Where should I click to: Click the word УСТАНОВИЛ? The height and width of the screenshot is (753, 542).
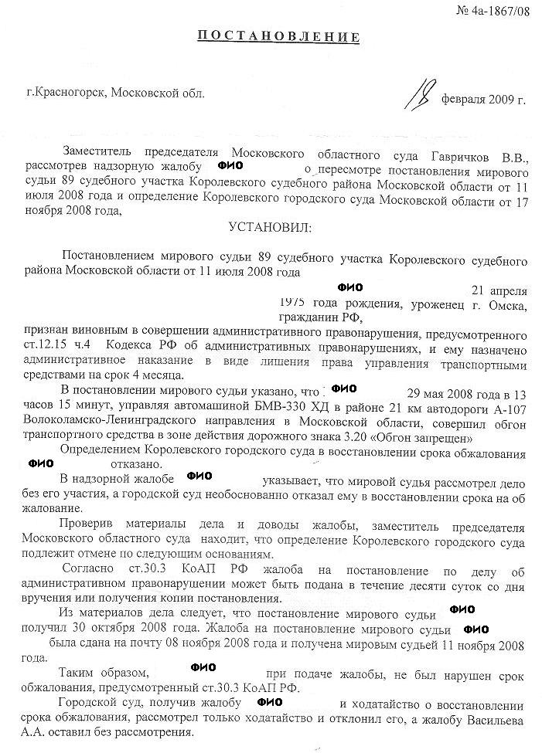coord(270,227)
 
